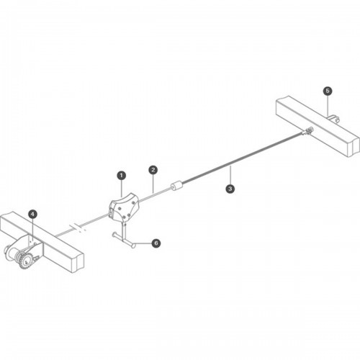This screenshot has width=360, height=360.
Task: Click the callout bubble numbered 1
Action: (x=122, y=176)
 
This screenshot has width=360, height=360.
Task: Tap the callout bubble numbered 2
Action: (x=153, y=170)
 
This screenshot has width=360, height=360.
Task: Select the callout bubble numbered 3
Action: (x=230, y=189)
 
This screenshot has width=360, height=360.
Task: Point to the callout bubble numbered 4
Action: (x=32, y=215)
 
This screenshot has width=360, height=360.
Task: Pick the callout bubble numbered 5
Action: (x=328, y=91)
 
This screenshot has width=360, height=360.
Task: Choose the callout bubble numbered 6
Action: (x=156, y=243)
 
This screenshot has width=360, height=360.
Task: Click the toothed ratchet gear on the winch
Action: (x=25, y=260)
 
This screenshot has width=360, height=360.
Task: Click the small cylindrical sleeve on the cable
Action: (x=176, y=186)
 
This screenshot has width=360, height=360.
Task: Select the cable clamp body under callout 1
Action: (x=124, y=207)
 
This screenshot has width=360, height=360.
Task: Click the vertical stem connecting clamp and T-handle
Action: (x=125, y=231)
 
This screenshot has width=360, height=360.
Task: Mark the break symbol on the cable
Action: (x=78, y=228)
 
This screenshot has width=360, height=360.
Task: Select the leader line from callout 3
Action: (x=230, y=175)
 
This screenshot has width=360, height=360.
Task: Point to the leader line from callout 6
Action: (x=143, y=243)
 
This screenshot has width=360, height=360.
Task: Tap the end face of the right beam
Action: (x=354, y=146)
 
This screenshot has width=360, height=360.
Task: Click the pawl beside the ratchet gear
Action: (x=36, y=258)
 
